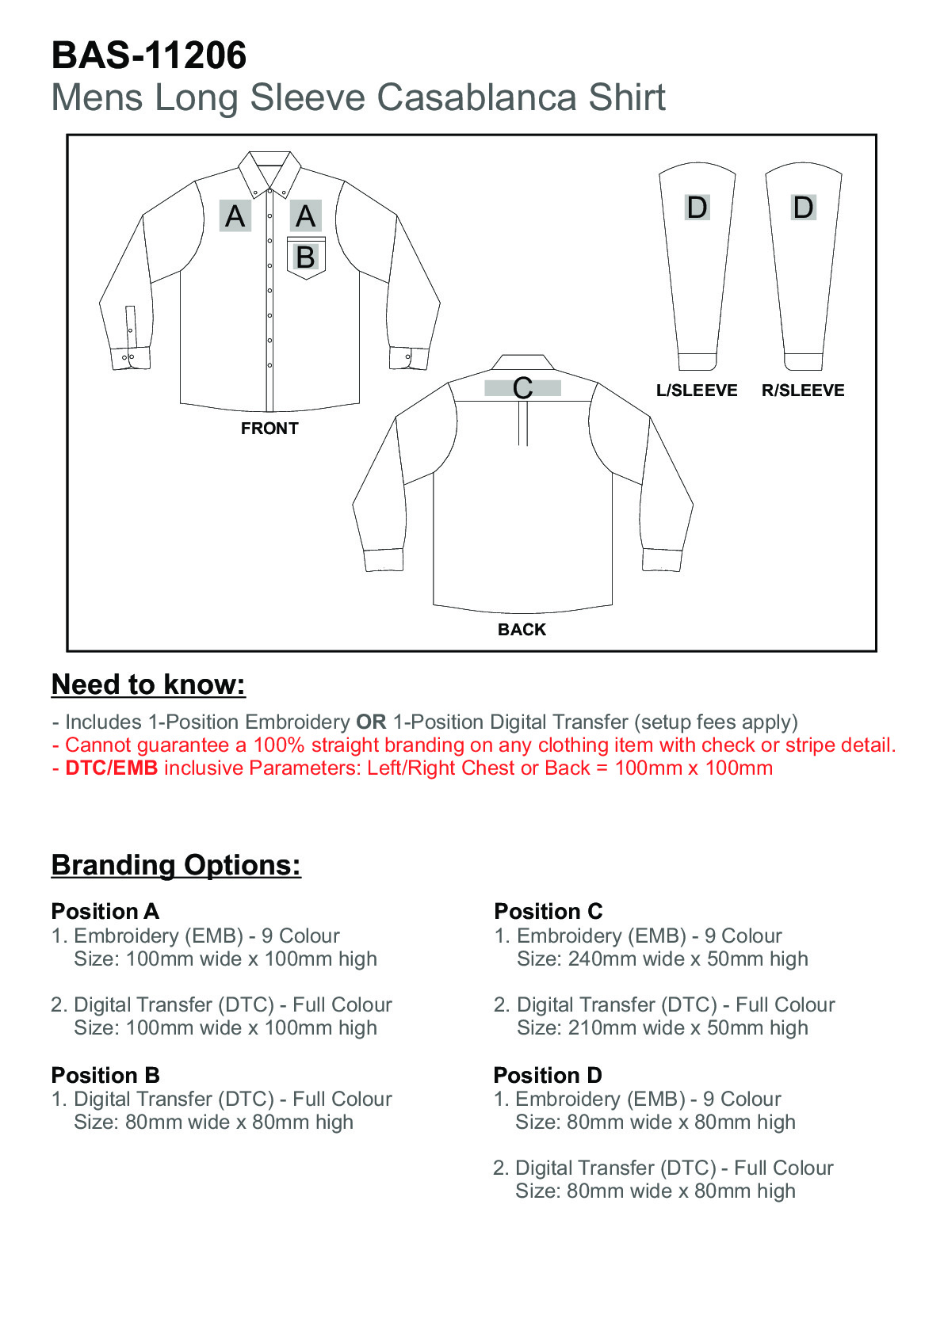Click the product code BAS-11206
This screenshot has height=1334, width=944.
click(149, 56)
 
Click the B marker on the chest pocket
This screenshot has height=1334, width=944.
click(305, 257)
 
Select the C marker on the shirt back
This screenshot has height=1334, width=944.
click(522, 388)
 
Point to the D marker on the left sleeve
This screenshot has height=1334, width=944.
click(697, 208)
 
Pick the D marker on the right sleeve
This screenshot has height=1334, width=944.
click(803, 208)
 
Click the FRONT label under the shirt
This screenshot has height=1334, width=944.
click(269, 429)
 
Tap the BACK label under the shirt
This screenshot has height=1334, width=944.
click(522, 630)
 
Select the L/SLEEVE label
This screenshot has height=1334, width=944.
click(697, 391)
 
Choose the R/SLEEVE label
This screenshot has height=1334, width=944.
click(803, 391)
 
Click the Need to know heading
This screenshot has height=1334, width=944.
click(148, 684)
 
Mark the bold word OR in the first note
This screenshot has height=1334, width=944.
click(371, 722)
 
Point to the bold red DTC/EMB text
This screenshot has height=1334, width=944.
click(112, 768)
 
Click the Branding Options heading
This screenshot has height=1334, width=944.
click(176, 865)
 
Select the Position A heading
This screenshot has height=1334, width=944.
click(105, 912)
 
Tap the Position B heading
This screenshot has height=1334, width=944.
click(105, 1076)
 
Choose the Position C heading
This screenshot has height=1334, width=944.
click(548, 912)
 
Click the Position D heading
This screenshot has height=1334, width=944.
click(548, 1076)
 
